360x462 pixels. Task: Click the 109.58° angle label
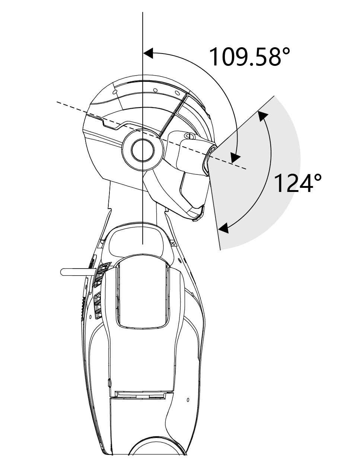point(249,56)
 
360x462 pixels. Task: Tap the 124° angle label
point(297,183)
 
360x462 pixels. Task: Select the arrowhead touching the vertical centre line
point(148,53)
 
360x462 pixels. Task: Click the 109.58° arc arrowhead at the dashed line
point(235,158)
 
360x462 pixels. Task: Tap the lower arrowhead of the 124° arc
point(224,228)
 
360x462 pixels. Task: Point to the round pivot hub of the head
point(143,150)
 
